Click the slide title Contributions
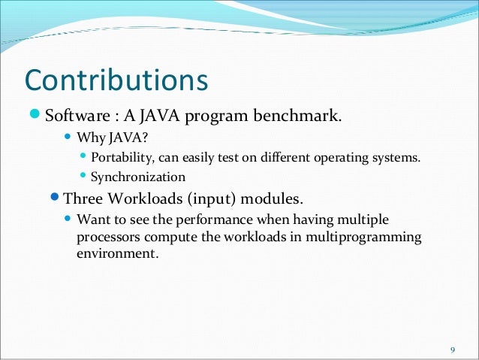coord(116,80)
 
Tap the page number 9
coord(452,349)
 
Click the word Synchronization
coord(137,178)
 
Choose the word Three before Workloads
coord(85,200)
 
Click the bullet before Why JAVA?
coord(68,138)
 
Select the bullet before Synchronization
coord(83,178)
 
